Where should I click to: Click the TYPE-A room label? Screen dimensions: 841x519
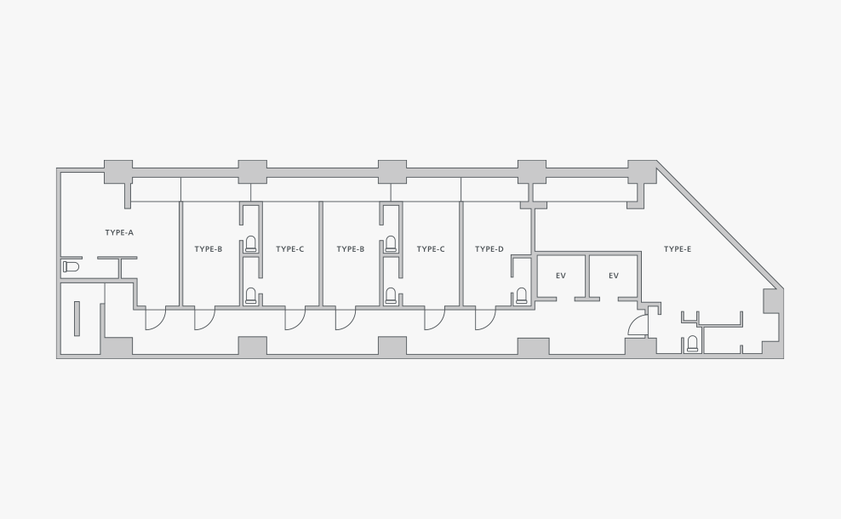pyautogui.click(x=119, y=232)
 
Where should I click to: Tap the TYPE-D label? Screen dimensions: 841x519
pyautogui.click(x=489, y=248)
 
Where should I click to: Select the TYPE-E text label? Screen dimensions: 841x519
pyautogui.click(x=678, y=248)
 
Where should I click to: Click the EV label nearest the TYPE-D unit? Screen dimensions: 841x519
pyautogui.click(x=560, y=276)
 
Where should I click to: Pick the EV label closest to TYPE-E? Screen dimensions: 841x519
pyautogui.click(x=614, y=276)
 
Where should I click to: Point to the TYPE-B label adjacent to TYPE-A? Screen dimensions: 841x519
pyautogui.click(x=208, y=248)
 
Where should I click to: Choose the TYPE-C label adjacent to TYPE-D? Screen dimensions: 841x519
pyautogui.click(x=431, y=248)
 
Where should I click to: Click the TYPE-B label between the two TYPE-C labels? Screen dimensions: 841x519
pyautogui.click(x=350, y=248)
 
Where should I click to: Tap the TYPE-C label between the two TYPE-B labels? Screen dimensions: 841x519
pyautogui.click(x=289, y=248)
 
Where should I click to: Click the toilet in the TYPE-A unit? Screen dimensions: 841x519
pyautogui.click(x=71, y=266)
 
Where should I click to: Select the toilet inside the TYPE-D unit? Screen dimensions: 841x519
pyautogui.click(x=521, y=296)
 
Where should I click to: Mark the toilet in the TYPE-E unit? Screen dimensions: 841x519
pyautogui.click(x=692, y=344)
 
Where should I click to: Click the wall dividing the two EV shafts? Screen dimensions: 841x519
pyautogui.click(x=587, y=277)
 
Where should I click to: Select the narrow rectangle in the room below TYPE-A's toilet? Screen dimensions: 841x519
pyautogui.click(x=77, y=318)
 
